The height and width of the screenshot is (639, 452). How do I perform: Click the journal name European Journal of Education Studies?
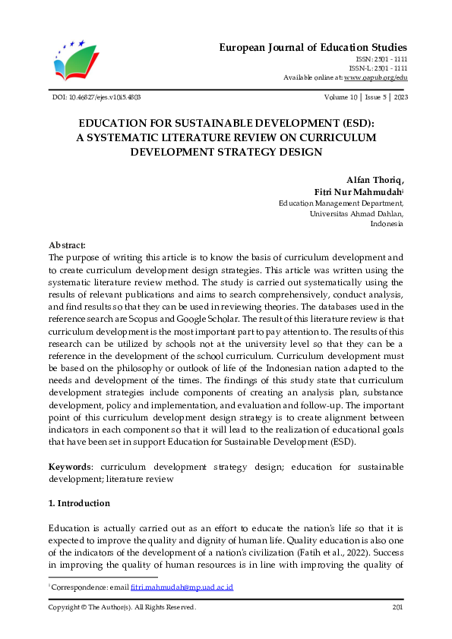[313, 47]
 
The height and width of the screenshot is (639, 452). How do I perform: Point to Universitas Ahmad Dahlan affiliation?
[356, 213]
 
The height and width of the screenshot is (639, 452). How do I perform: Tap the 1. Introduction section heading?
[79, 503]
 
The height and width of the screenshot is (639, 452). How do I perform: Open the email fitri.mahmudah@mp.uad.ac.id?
[192, 587]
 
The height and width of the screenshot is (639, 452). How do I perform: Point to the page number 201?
[397, 607]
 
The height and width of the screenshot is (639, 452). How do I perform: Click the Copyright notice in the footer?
[122, 607]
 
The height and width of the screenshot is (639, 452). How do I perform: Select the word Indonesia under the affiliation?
[387, 224]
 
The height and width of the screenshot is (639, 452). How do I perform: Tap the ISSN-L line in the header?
[381, 68]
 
